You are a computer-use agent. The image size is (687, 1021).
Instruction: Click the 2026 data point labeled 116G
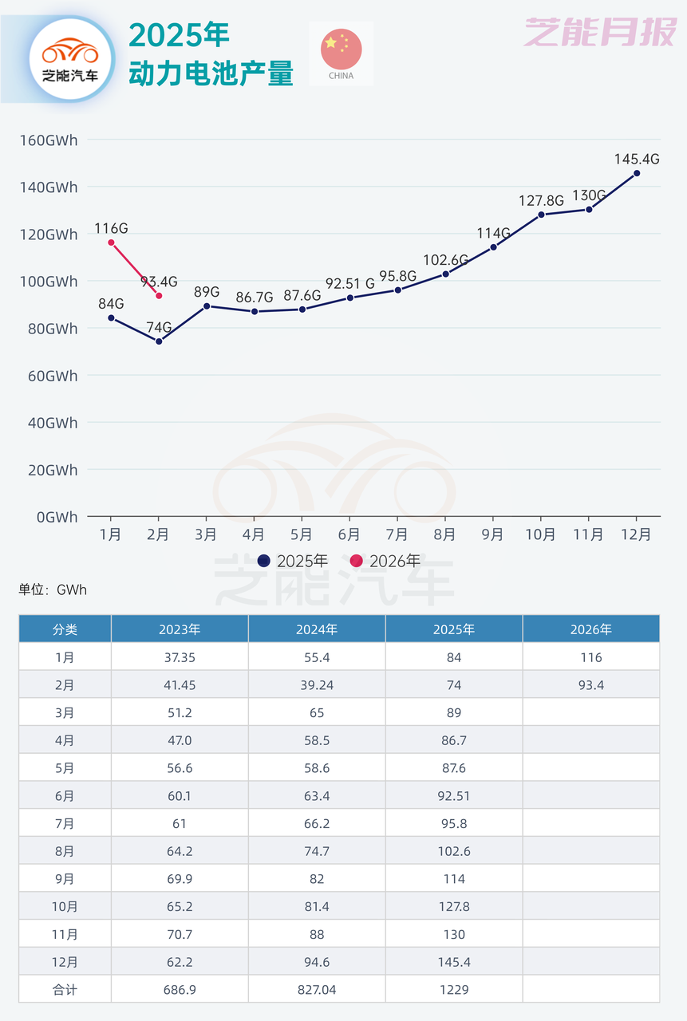(111, 242)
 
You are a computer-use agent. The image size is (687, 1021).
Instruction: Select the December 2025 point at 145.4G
(636, 173)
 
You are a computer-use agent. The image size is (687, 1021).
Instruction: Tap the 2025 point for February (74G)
(159, 341)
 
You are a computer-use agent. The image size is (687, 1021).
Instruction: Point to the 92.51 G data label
(349, 283)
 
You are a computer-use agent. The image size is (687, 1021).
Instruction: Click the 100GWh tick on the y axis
(49, 282)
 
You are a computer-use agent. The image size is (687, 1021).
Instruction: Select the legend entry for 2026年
(385, 561)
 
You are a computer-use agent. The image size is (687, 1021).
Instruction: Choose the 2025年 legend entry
(293, 561)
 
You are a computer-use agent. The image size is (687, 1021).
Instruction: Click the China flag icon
(341, 49)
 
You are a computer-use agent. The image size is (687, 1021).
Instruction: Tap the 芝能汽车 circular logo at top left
(70, 56)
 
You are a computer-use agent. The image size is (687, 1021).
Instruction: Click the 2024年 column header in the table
(317, 629)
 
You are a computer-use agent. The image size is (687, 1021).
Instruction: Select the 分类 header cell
(65, 629)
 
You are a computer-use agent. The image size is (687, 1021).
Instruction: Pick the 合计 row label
(65, 990)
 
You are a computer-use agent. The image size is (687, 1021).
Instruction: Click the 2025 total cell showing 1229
(454, 990)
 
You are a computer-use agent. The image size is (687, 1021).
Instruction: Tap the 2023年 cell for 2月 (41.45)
(180, 685)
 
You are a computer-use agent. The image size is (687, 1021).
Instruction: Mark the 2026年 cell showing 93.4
(591, 685)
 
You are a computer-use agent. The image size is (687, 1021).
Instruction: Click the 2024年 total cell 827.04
(317, 990)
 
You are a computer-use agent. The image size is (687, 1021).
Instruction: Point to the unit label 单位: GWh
(53, 590)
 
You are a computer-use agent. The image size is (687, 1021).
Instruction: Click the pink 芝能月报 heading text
(599, 33)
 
